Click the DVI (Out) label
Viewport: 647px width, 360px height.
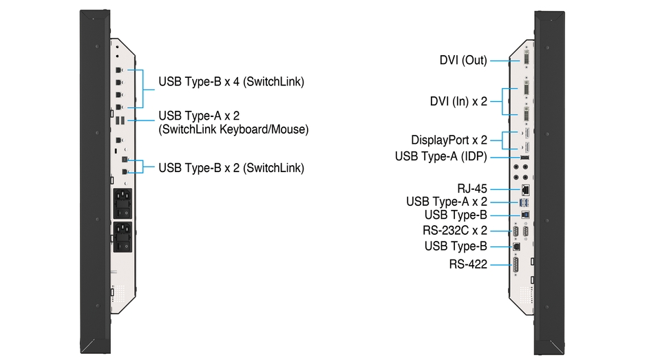pyautogui.click(x=463, y=61)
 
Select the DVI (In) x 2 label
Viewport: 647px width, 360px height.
pyautogui.click(x=458, y=101)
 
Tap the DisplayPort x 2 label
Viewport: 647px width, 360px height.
pyautogui.click(x=449, y=140)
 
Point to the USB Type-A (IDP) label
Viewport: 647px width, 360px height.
pyautogui.click(x=441, y=156)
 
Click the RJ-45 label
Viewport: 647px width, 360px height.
pyautogui.click(x=472, y=189)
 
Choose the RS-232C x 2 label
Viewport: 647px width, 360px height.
pyautogui.click(x=455, y=230)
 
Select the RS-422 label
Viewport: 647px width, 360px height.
pyautogui.click(x=468, y=264)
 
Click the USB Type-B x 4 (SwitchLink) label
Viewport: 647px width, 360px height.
pyautogui.click(x=231, y=82)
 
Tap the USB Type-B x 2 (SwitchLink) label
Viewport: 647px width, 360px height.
pyautogui.click(x=231, y=168)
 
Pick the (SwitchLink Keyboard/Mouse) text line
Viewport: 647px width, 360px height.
pyautogui.click(x=233, y=129)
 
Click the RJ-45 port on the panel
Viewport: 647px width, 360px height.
pyautogui.click(x=526, y=190)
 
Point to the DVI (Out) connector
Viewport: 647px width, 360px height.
pyautogui.click(x=527, y=58)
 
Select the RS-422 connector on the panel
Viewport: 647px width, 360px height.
pyautogui.click(x=516, y=264)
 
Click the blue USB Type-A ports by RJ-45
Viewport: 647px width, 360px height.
pyautogui.click(x=524, y=202)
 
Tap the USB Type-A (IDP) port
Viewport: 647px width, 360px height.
pyautogui.click(x=524, y=158)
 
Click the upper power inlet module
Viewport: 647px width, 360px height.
pyautogui.click(x=123, y=204)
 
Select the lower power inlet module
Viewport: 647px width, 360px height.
pyautogui.click(x=123, y=237)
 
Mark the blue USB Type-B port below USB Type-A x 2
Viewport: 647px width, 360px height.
pyautogui.click(x=525, y=215)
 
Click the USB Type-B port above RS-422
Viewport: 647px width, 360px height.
pyautogui.click(x=516, y=247)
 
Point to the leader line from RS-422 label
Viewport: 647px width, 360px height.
pyautogui.click(x=501, y=264)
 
